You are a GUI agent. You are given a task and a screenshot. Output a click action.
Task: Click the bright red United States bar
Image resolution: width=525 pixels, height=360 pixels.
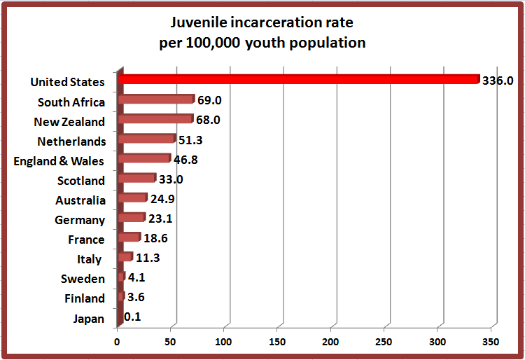(297, 80)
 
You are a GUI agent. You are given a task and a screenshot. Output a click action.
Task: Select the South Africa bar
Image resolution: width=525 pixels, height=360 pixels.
(155, 99)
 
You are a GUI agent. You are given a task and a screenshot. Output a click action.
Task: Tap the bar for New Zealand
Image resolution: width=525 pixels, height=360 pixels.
(155, 119)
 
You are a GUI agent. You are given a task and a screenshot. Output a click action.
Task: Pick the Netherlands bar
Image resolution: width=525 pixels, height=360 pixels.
(146, 139)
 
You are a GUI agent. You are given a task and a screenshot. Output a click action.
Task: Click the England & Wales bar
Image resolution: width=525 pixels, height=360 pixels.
(143, 158)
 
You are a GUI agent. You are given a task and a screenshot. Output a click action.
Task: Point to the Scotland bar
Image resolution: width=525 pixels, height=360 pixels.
(136, 178)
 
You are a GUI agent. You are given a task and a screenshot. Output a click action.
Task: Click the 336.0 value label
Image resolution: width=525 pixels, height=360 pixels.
(498, 81)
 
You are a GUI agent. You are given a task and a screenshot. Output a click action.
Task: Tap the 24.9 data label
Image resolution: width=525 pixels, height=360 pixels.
(162, 199)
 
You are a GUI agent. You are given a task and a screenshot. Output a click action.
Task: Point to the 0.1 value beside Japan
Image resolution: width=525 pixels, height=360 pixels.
(132, 317)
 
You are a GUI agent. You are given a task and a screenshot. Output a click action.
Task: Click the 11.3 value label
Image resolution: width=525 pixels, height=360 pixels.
(148, 258)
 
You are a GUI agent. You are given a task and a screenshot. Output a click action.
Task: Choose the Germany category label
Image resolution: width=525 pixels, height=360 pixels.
(80, 220)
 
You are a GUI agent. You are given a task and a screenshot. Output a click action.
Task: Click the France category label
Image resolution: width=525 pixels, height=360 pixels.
(86, 240)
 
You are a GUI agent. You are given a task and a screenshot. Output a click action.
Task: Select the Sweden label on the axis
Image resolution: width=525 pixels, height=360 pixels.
(83, 279)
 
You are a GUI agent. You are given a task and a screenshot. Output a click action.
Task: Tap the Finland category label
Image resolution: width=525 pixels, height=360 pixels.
(84, 298)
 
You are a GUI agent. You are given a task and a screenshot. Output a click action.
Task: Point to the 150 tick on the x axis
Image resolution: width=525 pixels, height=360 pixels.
(277, 342)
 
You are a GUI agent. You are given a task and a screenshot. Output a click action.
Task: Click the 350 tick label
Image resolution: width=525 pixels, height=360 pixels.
(491, 342)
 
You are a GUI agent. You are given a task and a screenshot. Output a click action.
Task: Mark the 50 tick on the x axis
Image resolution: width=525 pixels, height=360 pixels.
(170, 342)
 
